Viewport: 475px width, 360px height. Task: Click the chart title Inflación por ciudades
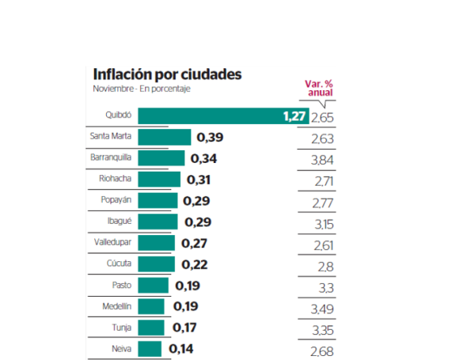pos(167,74)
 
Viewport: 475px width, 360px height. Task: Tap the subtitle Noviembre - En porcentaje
pos(142,89)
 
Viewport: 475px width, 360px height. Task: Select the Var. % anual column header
pos(318,87)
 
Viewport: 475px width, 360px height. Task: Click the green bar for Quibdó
pos(210,116)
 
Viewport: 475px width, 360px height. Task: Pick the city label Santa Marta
pos(111,136)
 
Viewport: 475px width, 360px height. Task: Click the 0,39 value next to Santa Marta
pos(210,138)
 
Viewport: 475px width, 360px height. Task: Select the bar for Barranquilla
pos(161,157)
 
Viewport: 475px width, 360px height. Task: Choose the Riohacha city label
pos(116,179)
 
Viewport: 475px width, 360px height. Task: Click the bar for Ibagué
pos(158,222)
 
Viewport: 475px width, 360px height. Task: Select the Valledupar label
pos(112,242)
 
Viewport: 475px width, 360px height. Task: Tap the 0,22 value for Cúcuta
pos(192,263)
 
